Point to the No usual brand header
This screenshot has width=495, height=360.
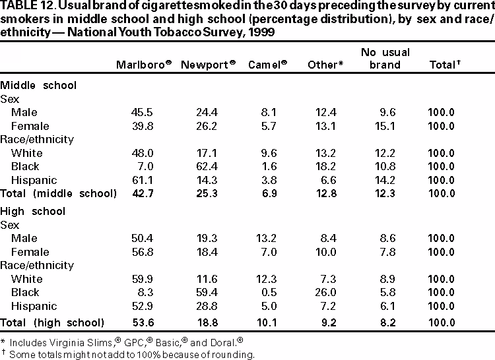click(x=385, y=59)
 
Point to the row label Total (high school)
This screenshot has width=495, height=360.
click(x=52, y=322)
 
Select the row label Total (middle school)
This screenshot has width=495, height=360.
click(x=58, y=193)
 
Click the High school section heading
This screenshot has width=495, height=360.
click(x=33, y=211)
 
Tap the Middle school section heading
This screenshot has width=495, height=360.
click(x=38, y=85)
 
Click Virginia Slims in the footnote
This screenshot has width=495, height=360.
click(x=73, y=342)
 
